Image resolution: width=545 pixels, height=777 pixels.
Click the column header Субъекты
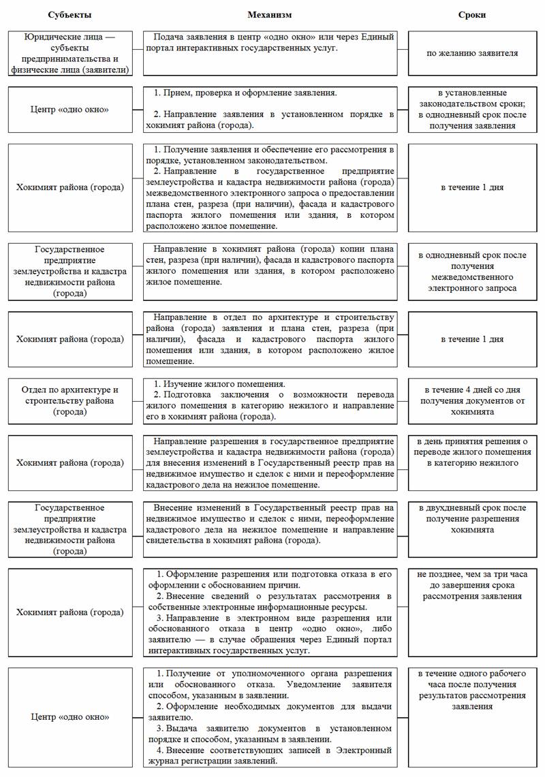click(x=70, y=14)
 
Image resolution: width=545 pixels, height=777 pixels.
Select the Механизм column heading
click(x=270, y=14)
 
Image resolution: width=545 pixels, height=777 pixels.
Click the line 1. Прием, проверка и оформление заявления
click(x=248, y=92)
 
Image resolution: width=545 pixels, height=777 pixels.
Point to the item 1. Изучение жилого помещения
click(x=221, y=384)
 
